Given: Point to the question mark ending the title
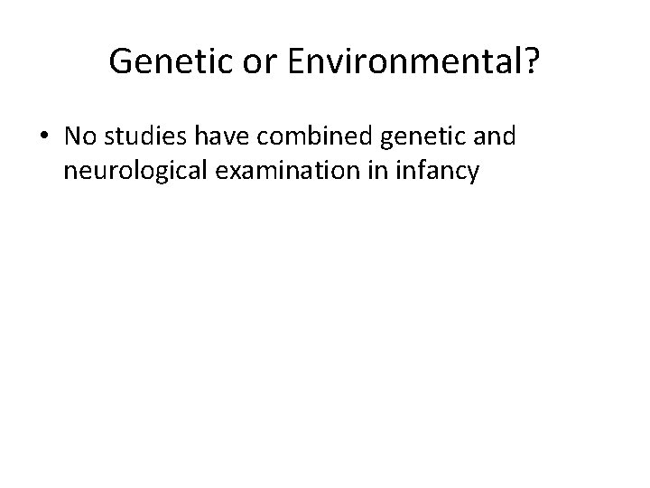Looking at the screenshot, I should pyautogui.click(x=530, y=61).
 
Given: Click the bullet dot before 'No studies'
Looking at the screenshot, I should pyautogui.click(x=44, y=136).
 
